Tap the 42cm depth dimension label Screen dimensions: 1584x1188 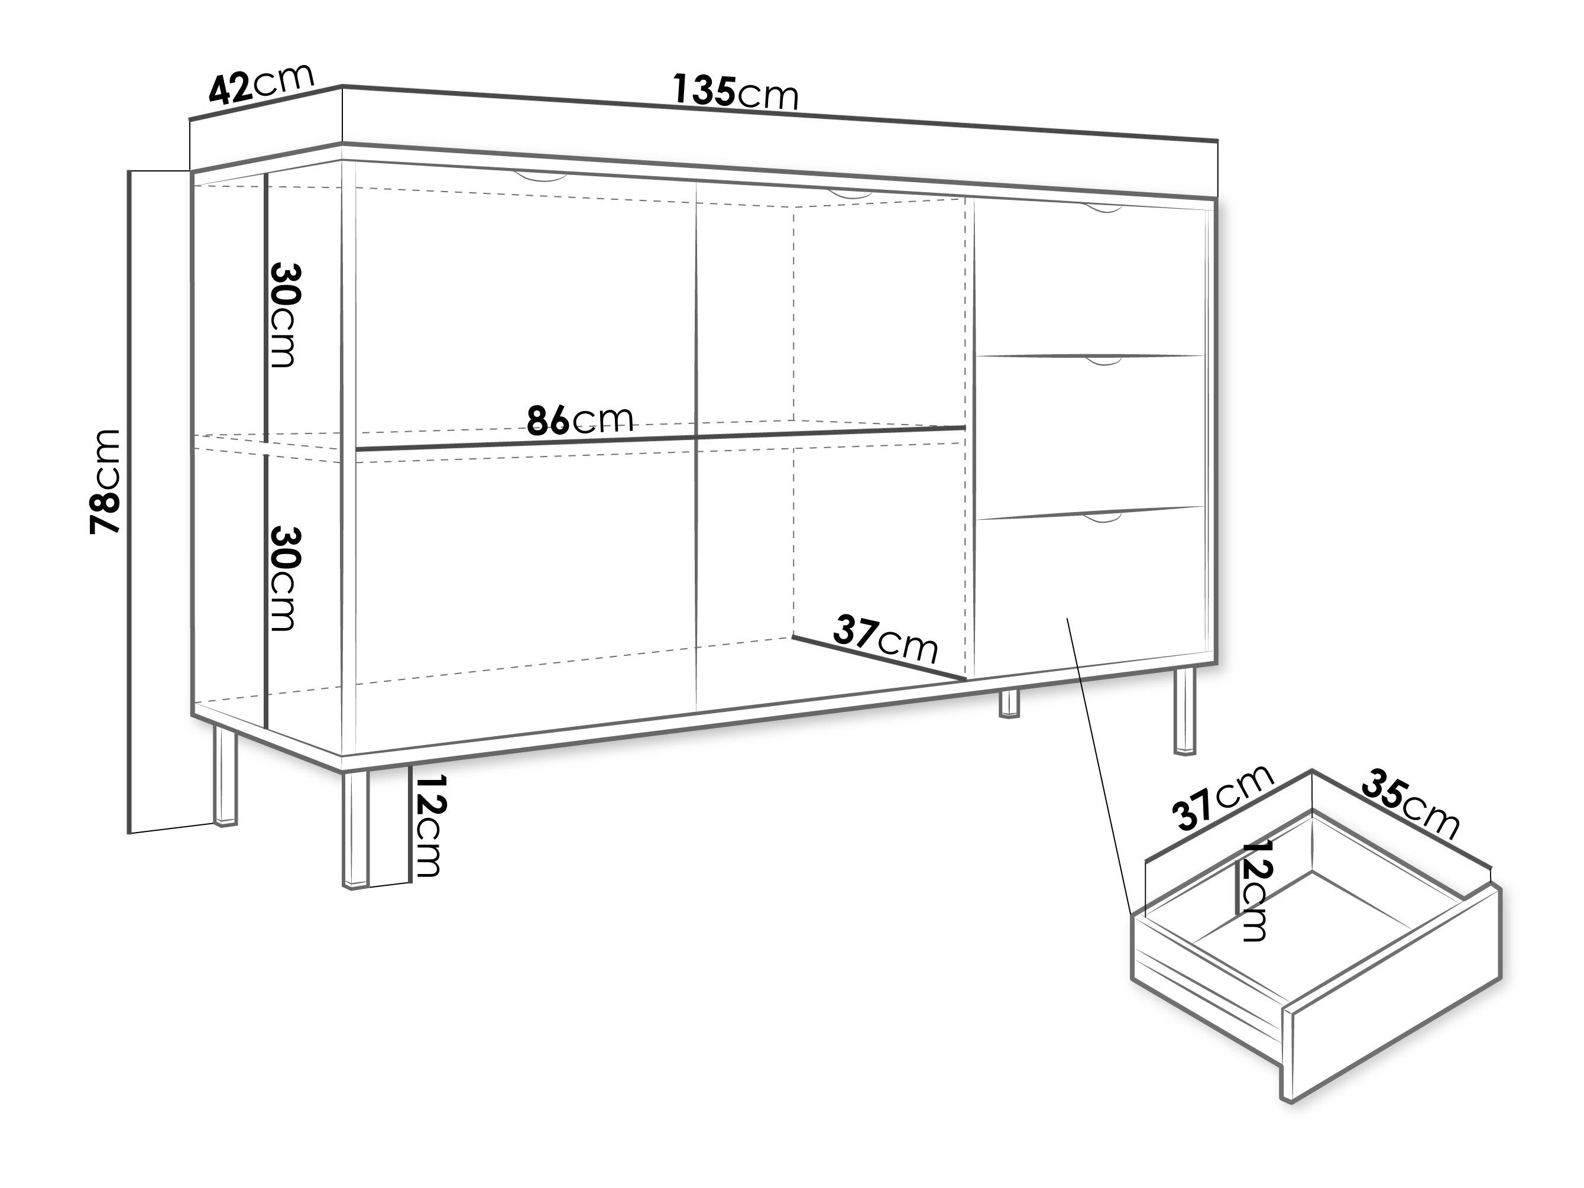(x=261, y=84)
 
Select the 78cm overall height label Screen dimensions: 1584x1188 (x=105, y=481)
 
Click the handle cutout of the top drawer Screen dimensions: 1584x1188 (x=1103, y=208)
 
